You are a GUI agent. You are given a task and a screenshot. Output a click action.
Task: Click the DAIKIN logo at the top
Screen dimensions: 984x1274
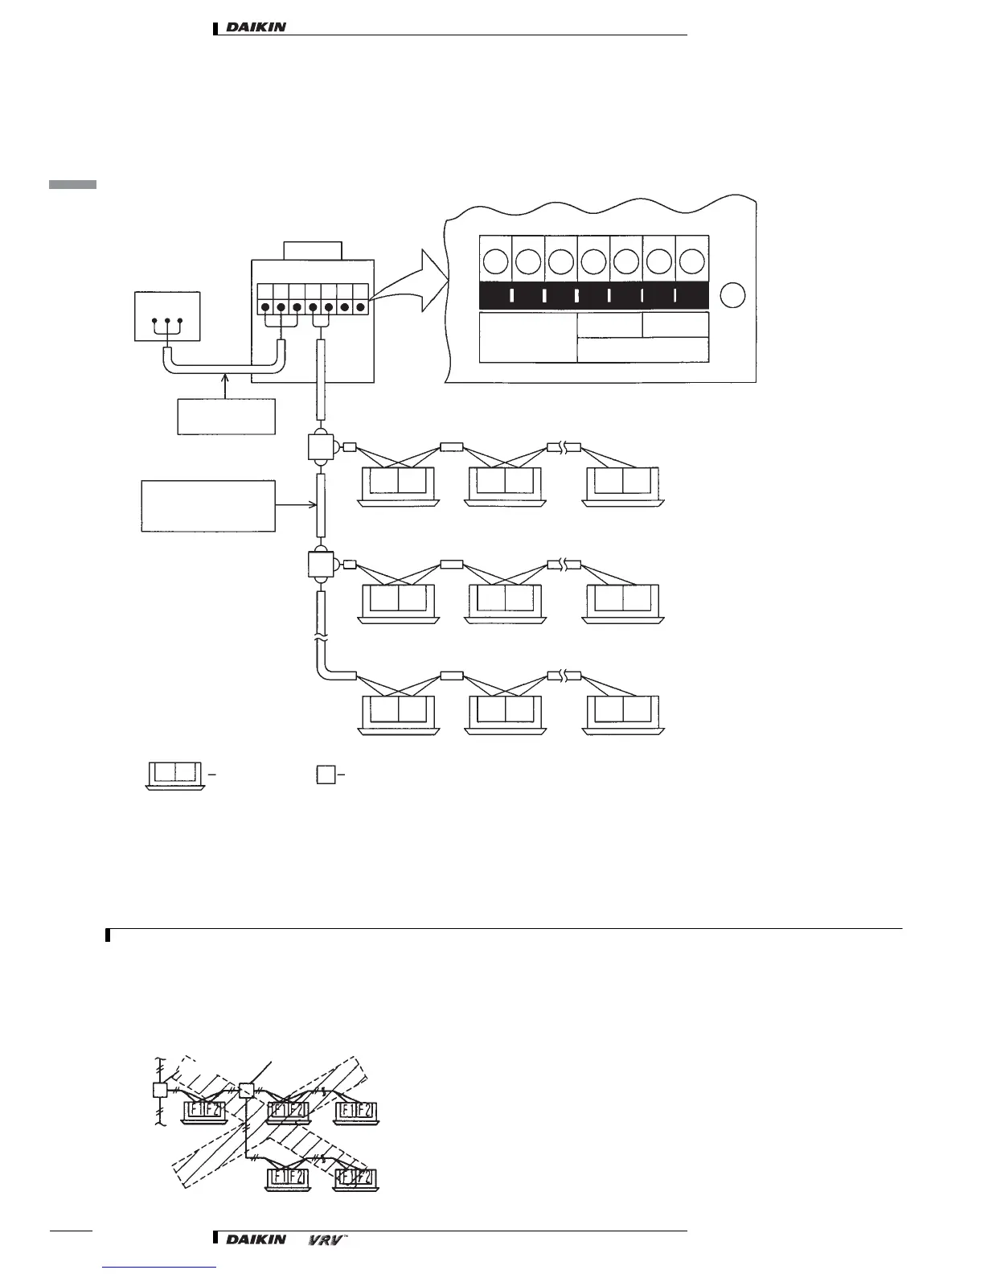pyautogui.click(x=256, y=27)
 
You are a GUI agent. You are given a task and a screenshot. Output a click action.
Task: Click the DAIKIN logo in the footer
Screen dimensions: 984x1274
pyautogui.click(x=256, y=1239)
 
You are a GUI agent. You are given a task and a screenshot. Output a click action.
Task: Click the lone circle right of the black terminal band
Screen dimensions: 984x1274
pyautogui.click(x=732, y=296)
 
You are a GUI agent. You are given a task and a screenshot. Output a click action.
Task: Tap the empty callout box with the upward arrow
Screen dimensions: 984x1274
pyautogui.click(x=226, y=416)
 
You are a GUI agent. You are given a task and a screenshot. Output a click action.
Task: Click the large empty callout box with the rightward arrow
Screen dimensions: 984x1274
pyautogui.click(x=208, y=506)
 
